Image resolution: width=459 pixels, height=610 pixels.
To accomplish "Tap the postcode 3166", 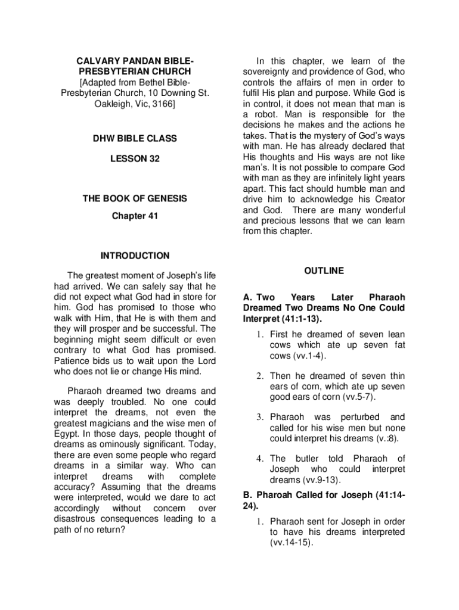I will coord(163,104).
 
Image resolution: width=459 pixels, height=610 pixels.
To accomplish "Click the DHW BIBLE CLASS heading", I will coord(135,139).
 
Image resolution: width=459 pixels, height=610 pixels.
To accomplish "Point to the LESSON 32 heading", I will coord(135,159).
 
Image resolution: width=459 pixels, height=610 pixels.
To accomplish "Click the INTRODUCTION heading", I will coord(135,256).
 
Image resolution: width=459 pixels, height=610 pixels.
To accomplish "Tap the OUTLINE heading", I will coord(324,270).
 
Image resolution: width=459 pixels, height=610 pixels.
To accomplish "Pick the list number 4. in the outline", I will coord(260,459).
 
